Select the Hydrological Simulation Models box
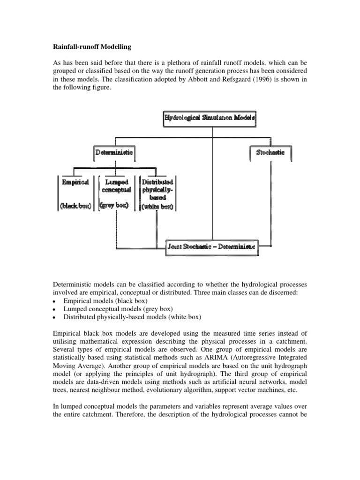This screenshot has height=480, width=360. (210, 119)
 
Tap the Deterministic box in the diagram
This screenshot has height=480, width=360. (114, 152)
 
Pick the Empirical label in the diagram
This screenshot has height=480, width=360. (75, 182)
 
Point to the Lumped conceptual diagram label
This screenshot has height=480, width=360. (115, 186)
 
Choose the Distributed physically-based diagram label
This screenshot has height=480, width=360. (157, 189)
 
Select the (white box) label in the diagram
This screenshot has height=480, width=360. (157, 207)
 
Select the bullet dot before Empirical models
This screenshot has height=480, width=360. (55, 301)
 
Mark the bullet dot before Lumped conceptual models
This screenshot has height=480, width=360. (55, 309)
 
